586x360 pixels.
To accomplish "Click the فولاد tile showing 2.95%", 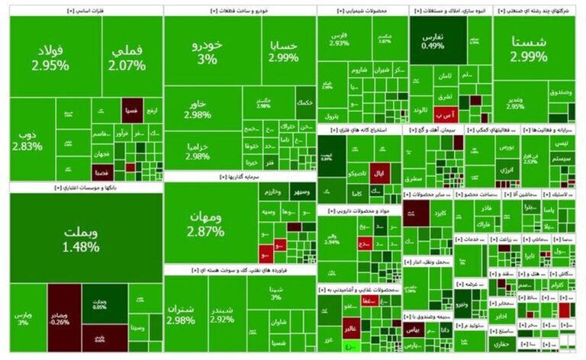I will pos(50,58).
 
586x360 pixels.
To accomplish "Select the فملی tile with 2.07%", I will pos(127,58).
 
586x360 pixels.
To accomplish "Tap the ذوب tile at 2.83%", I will pos(27,140).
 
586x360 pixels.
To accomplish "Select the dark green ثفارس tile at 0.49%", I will pos(432,40).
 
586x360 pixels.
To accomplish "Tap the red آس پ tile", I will pos(446,114).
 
